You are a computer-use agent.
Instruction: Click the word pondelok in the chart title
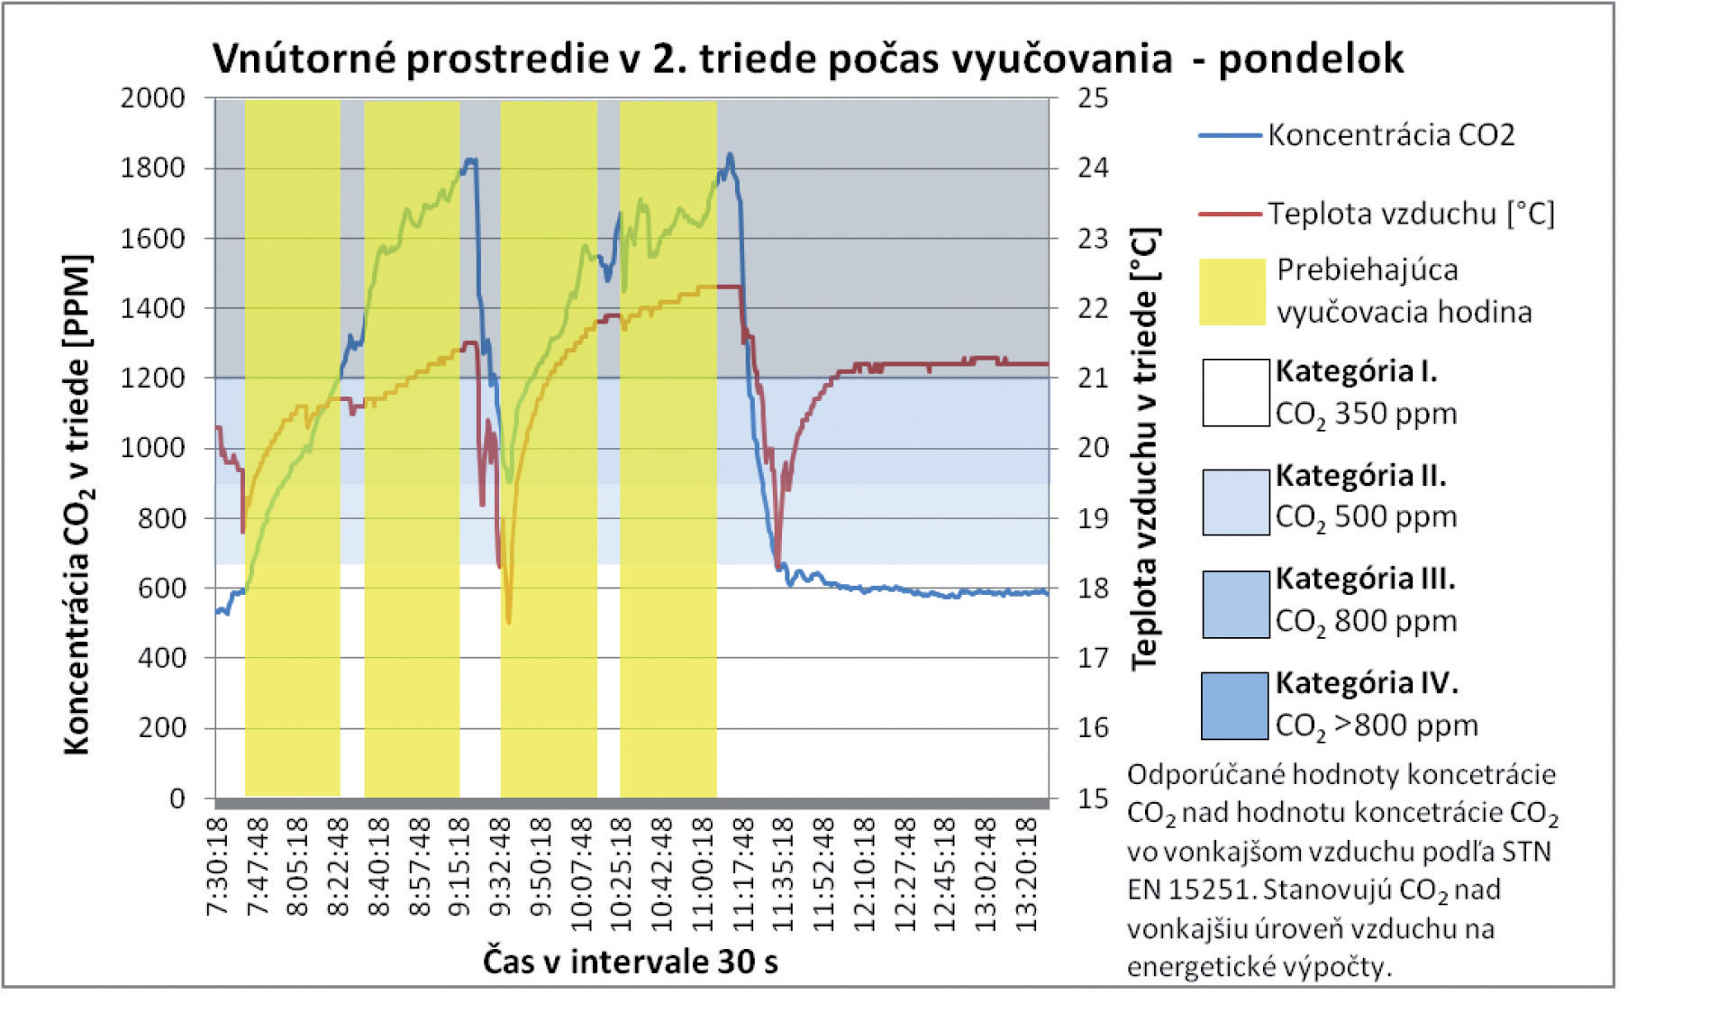pos(1310,59)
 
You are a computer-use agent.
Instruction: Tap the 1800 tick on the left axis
pos(152,168)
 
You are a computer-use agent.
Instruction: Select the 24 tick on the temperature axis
pos(1093,168)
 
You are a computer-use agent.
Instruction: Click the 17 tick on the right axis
pos(1093,658)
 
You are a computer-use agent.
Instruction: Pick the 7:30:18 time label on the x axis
pos(218,865)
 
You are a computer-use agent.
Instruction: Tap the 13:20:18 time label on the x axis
pos(1026,865)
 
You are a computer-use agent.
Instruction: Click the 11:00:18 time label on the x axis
pos(704,865)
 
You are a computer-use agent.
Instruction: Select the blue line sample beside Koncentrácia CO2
pos(1229,136)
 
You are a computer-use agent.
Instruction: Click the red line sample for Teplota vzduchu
pos(1229,214)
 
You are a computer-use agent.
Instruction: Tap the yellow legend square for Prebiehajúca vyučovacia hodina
pos(1232,291)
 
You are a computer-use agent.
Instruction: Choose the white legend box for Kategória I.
pos(1235,392)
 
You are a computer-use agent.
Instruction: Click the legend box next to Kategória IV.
pos(1235,706)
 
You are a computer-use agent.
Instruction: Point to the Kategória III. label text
pos(1365,579)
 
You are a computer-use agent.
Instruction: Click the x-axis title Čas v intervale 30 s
pos(630,962)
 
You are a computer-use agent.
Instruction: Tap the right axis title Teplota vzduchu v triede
pos(1144,448)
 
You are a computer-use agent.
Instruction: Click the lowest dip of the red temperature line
pos(509,621)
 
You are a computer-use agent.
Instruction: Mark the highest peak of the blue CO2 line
pos(730,155)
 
